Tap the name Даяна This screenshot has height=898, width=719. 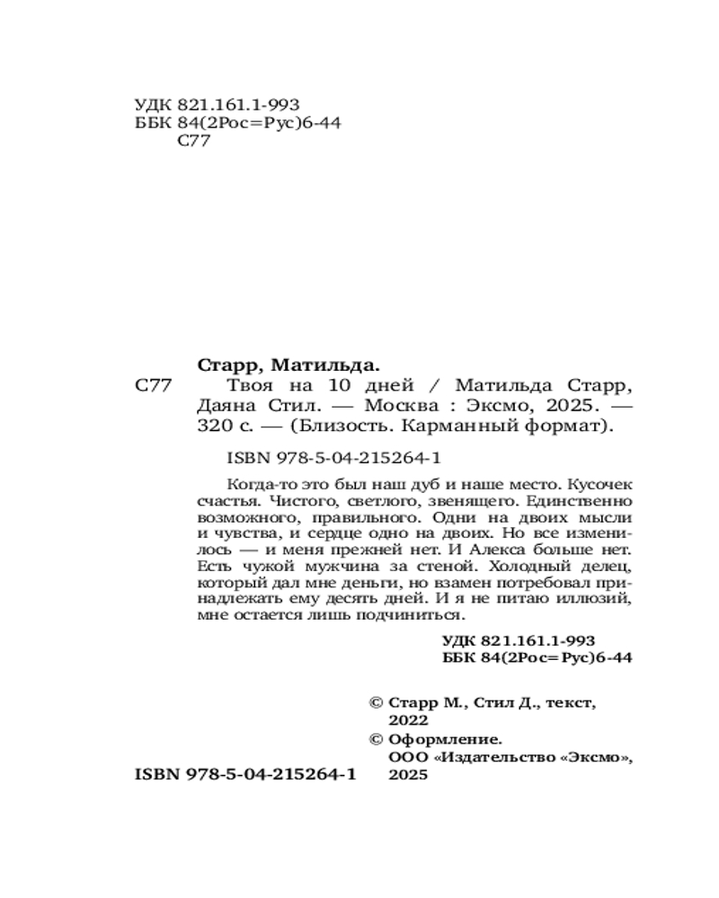pos(228,406)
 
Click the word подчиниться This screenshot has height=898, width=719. pos(420,615)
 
